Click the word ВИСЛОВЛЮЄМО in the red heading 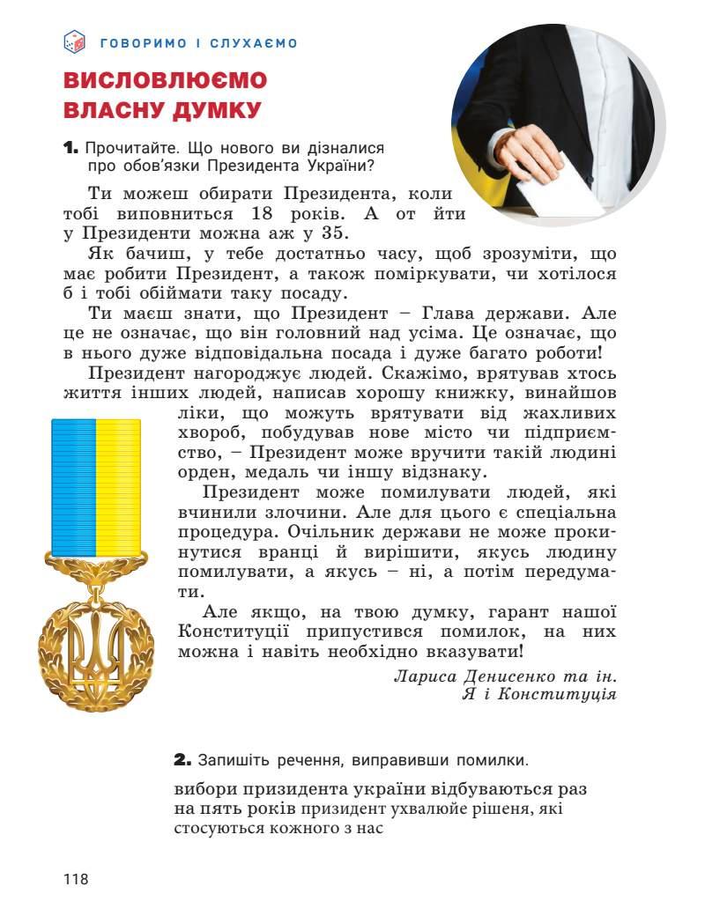point(165,81)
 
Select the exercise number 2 point(182,759)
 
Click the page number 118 point(76,878)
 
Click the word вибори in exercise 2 point(203,789)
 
